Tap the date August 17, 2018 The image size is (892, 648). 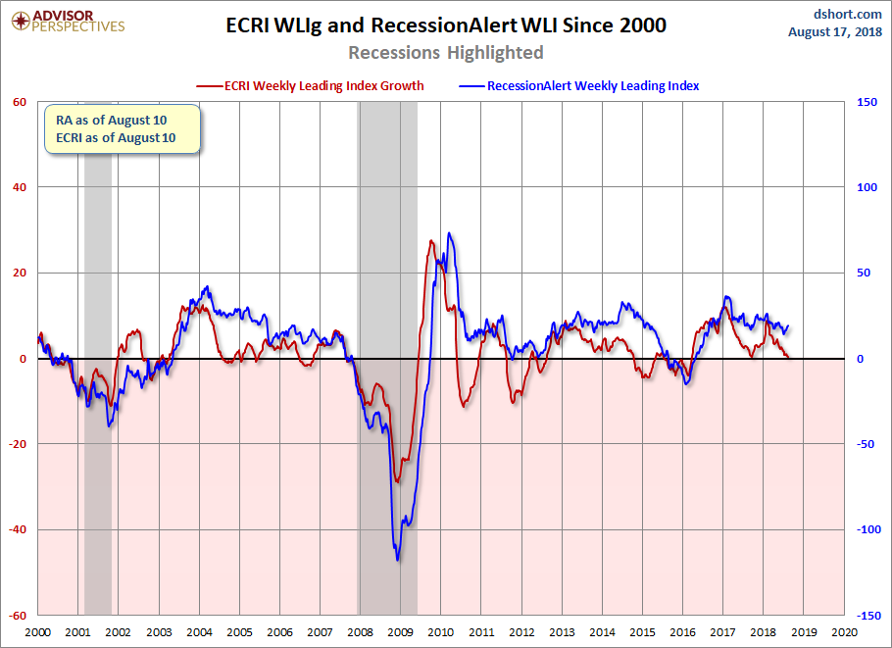pos(834,32)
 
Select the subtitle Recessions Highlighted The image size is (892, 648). pos(446,52)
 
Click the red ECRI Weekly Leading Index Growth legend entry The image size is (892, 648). pos(311,86)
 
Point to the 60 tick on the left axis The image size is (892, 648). pos(19,102)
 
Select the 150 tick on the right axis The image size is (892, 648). pos(867,102)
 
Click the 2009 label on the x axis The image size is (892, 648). pos(400,634)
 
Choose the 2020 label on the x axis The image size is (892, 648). pos(843,634)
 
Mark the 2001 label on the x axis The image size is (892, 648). pos(78,634)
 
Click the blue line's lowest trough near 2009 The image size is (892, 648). pos(398,560)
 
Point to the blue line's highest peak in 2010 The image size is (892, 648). pos(449,233)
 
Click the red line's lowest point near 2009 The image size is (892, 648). pos(397,481)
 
